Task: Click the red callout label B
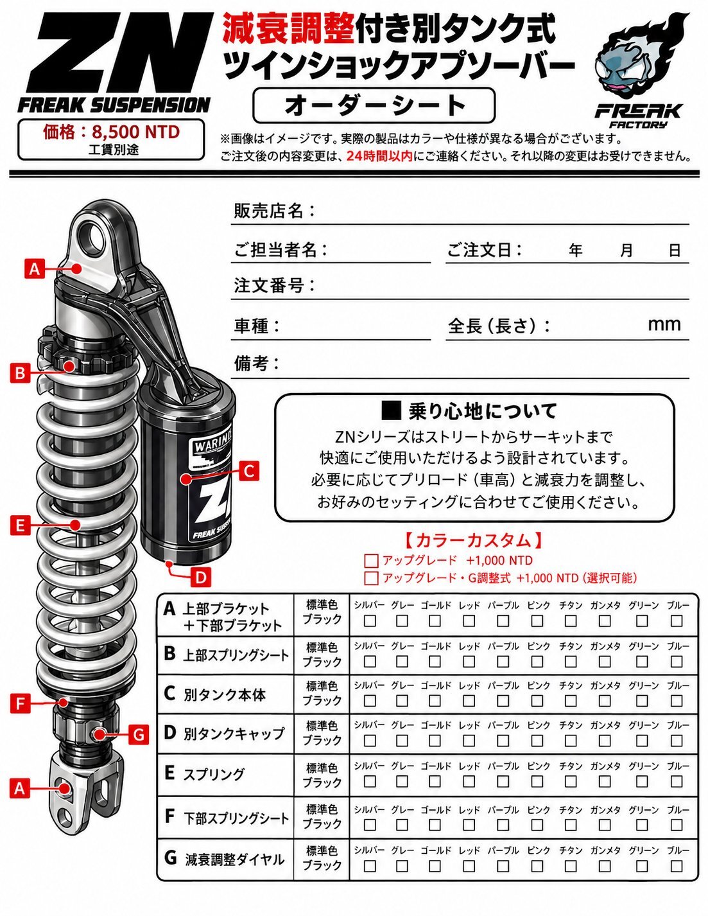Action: tap(20, 373)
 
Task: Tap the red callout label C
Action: tap(249, 471)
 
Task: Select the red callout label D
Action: tap(201, 577)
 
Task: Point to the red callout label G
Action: tap(139, 734)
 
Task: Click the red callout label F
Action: tap(20, 703)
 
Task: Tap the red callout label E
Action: tap(20, 525)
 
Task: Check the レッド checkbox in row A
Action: tap(469, 621)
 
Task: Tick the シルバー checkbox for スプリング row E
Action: tap(370, 780)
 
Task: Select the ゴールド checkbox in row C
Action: tap(435, 701)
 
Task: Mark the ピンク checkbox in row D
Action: tap(537, 740)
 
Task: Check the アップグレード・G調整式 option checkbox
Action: tap(371, 578)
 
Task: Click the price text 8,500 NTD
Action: tap(135, 132)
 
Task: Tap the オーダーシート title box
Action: tap(374, 105)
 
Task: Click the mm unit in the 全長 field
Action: tap(664, 324)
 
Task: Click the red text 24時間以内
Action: tap(379, 156)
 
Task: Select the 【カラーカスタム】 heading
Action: tap(473, 540)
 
